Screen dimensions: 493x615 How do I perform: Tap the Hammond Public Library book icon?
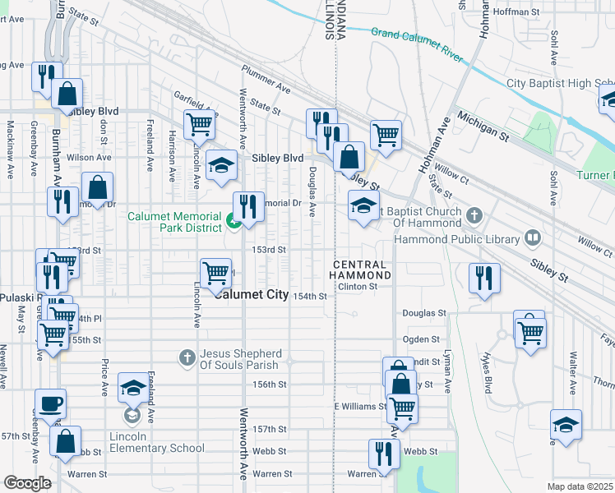pyautogui.click(x=533, y=239)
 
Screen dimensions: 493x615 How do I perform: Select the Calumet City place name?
pyautogui.click(x=251, y=296)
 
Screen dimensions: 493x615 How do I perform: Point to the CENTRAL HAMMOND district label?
pyautogui.click(x=361, y=270)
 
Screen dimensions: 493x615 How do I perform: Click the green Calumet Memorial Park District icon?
pyautogui.click(x=234, y=220)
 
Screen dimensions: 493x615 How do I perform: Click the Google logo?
pyautogui.click(x=27, y=483)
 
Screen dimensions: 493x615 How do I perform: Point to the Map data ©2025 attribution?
pyautogui.click(x=580, y=486)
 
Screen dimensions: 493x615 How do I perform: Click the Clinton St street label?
pyautogui.click(x=358, y=287)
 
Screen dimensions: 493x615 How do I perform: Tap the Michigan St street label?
pyautogui.click(x=479, y=124)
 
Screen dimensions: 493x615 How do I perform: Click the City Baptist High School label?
pyautogui.click(x=560, y=83)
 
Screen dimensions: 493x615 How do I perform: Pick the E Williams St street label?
pyautogui.click(x=360, y=407)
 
